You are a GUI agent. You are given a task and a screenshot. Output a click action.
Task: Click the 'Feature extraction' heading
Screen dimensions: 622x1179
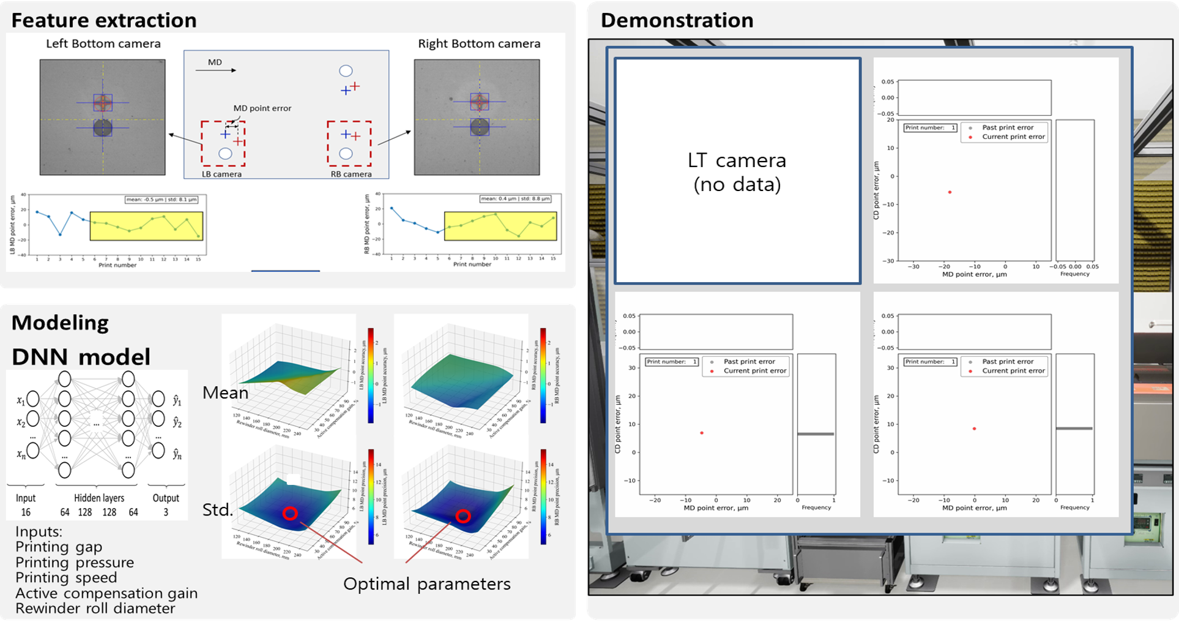tap(104, 20)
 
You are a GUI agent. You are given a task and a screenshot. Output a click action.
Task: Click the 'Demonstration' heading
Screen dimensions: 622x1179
tap(677, 20)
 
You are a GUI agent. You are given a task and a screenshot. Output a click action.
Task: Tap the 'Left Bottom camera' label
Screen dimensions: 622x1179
tap(103, 43)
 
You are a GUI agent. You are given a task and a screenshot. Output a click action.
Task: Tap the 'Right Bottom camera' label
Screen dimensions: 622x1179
tap(479, 43)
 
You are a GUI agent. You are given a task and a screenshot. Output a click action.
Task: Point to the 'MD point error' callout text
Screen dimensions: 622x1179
tap(262, 108)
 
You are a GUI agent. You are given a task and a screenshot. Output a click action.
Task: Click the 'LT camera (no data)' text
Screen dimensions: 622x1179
tap(737, 172)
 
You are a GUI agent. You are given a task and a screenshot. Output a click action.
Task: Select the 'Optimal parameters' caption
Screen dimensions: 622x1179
tap(426, 584)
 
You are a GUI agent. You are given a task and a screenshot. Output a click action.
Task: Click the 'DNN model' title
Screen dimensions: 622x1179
tap(81, 356)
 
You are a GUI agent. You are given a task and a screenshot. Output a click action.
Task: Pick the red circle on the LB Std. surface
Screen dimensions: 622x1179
tap(290, 513)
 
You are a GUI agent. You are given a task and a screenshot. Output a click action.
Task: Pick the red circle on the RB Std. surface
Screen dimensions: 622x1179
tap(463, 516)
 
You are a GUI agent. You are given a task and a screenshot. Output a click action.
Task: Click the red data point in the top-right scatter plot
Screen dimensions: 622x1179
tap(950, 192)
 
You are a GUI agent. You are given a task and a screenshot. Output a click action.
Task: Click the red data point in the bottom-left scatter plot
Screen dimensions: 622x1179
tap(702, 433)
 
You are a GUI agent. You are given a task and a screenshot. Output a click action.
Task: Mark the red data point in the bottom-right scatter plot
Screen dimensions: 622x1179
tap(974, 429)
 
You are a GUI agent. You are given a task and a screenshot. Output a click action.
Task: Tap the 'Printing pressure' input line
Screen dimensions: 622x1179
tap(75, 563)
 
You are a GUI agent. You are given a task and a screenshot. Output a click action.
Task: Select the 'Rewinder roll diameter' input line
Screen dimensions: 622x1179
tap(95, 609)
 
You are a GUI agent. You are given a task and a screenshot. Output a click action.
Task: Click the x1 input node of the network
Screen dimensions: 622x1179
tap(33, 399)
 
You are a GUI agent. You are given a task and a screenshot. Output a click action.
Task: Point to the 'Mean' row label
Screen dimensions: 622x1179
tap(225, 393)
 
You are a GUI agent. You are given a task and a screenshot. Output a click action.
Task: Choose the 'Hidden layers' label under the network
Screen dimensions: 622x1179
tap(99, 498)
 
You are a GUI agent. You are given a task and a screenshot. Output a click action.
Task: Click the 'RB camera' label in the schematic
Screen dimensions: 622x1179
tap(351, 174)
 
